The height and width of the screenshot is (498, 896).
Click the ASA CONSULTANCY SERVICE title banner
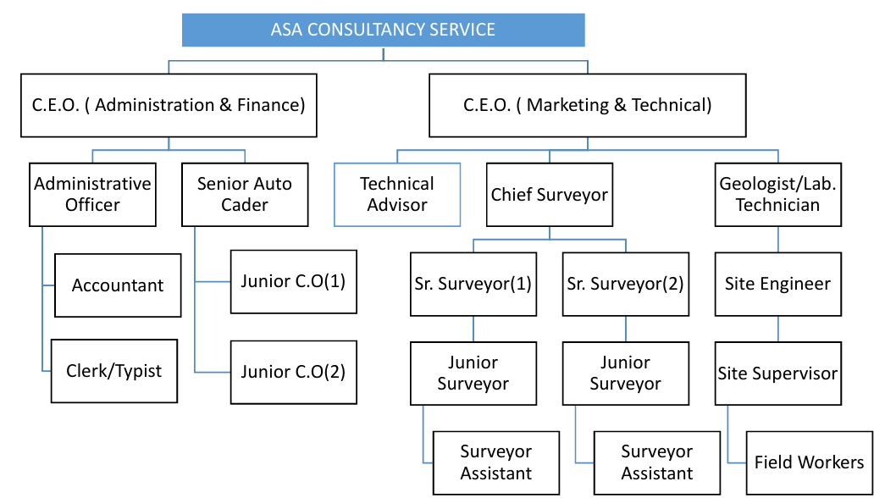383,30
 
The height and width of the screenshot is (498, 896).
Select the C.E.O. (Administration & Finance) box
169,105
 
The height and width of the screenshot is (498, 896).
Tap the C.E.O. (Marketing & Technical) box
587,105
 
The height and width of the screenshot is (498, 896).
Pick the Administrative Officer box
92,194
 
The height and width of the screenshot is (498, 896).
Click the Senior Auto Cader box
245,194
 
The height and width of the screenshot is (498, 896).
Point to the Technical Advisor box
397,194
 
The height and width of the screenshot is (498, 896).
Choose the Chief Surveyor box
550,194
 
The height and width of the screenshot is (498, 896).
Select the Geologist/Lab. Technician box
777,194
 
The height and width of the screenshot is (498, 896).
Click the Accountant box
117,285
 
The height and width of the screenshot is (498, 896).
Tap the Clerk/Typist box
114,371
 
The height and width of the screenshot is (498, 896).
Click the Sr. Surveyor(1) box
473,284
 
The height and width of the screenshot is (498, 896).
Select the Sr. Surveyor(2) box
626,284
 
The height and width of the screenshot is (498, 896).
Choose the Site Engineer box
777,284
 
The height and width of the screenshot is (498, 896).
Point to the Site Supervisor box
777,373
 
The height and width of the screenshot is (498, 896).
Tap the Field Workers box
809,462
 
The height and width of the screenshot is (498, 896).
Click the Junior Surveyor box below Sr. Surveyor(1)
473,373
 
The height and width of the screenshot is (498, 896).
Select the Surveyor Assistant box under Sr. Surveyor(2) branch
656,462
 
